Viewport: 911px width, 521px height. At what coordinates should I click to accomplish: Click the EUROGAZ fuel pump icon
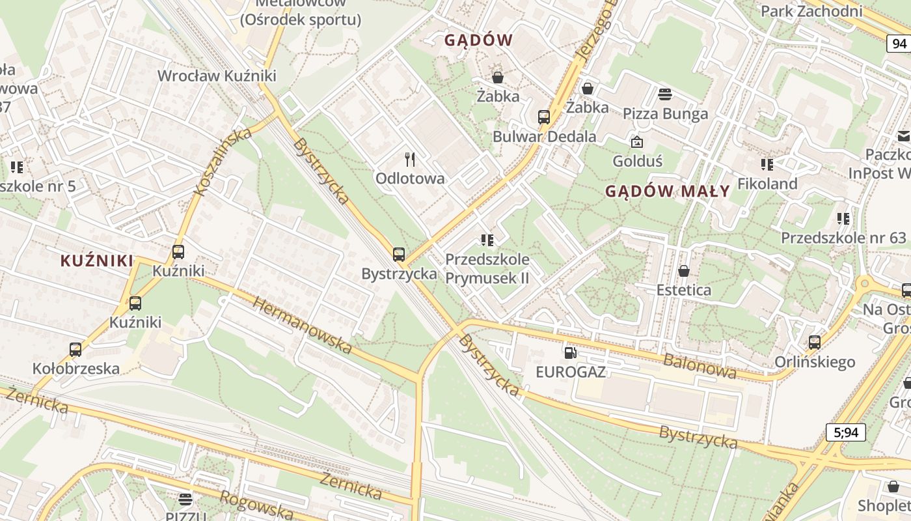(570, 353)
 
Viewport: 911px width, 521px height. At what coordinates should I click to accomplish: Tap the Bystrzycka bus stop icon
(399, 255)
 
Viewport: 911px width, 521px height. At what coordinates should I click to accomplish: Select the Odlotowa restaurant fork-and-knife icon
(410, 160)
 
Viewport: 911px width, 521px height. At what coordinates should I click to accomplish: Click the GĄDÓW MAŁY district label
(668, 191)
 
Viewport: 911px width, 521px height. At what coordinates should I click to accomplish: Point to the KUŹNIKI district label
(97, 261)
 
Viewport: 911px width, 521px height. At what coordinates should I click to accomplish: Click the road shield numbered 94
(899, 44)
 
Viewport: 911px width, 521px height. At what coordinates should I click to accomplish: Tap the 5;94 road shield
(845, 432)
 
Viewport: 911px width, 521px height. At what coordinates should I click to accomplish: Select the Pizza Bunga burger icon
(665, 94)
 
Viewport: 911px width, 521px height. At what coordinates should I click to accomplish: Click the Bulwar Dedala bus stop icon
(544, 117)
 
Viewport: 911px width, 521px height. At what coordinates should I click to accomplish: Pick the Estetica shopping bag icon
(683, 271)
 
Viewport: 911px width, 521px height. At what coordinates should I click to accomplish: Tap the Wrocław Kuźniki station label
(217, 76)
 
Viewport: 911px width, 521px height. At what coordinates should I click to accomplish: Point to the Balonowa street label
(700, 366)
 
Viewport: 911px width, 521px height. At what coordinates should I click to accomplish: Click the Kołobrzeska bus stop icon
(75, 350)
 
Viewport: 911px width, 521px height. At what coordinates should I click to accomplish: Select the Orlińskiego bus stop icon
(814, 342)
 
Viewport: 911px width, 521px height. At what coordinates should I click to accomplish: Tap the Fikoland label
(767, 184)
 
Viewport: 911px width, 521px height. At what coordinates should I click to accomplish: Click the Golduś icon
(636, 141)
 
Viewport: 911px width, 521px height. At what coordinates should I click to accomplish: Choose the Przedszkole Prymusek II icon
(487, 240)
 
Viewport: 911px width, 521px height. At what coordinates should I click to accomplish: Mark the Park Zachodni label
(811, 11)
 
